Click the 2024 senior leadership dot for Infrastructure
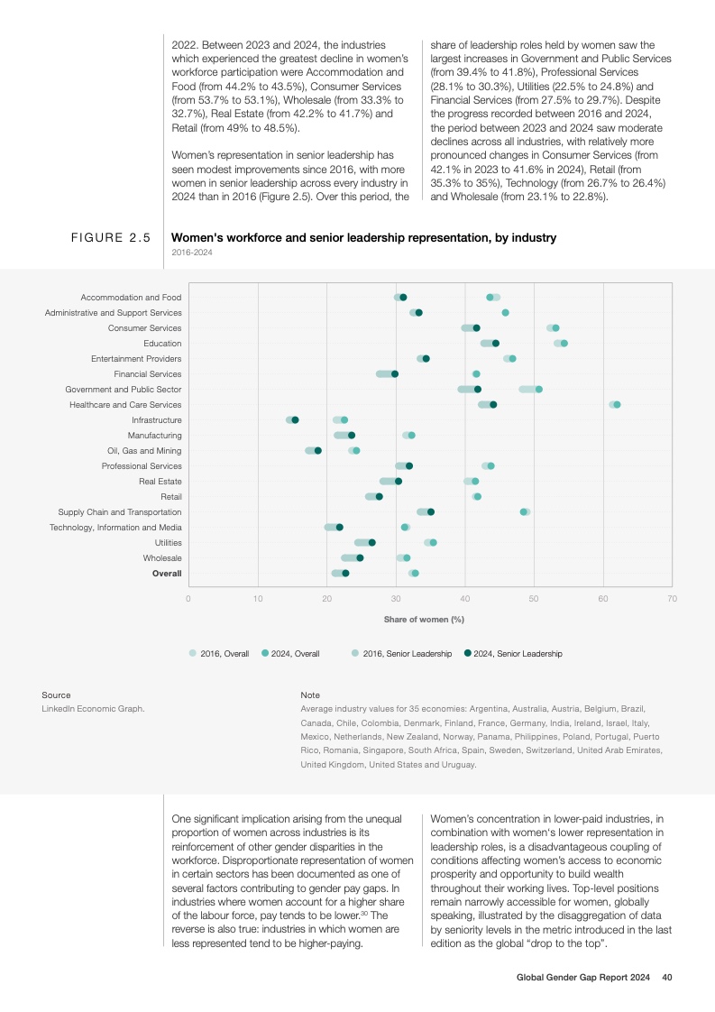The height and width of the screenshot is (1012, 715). pos(295,419)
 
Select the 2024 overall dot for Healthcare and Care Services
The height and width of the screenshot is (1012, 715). pos(617,404)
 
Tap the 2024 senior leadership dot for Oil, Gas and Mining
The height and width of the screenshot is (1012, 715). pos(317,450)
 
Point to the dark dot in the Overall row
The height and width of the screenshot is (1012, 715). pos(345,573)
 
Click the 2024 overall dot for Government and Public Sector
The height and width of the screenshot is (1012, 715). pos(539,389)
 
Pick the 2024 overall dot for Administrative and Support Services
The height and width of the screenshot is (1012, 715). pos(505,312)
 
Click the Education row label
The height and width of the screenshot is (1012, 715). pos(162,343)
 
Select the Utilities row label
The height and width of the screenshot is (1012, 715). pos(167,542)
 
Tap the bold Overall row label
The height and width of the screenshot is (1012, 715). pos(167,573)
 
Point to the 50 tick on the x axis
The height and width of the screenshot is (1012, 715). pos(534,597)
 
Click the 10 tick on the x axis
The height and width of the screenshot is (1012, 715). pos(258,597)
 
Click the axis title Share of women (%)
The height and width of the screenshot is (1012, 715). pos(424,619)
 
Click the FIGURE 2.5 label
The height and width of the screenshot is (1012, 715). pos(111,238)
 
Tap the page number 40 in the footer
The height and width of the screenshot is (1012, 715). pos(667,977)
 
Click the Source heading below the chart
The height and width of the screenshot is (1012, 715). pos(56,695)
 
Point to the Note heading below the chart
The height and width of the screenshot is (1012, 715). pos(310,695)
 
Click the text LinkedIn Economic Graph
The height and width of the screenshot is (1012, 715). pos(93,708)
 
